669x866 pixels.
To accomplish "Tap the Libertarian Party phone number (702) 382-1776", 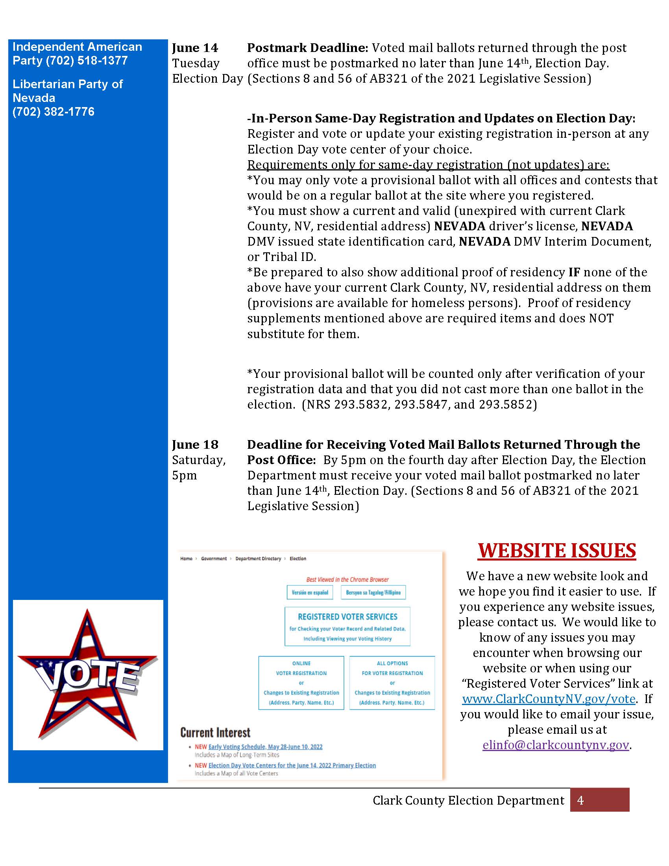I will tap(54, 112).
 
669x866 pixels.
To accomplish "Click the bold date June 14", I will tap(195, 48).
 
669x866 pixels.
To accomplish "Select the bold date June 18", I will tap(195, 444).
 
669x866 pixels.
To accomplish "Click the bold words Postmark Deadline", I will tap(308, 48).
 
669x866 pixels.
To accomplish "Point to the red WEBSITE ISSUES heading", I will tap(557, 550).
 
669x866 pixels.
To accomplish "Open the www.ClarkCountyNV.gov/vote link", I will tap(549, 699).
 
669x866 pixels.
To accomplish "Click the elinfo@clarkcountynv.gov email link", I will tap(556, 745).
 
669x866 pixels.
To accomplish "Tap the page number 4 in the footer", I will tap(580, 801).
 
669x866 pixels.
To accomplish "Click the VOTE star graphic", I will tap(88, 675).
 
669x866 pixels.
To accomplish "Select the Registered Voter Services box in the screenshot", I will tap(347, 627).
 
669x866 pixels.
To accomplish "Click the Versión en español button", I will tap(310, 592).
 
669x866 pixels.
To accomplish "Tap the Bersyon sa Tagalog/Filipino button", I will tap(373, 592).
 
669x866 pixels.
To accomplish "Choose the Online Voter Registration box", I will tap(301, 683).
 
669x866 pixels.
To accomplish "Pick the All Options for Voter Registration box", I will tap(392, 683).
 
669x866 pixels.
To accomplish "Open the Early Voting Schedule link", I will tap(265, 747).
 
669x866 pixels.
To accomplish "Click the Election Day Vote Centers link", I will tap(292, 765).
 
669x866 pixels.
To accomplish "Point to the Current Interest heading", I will tap(215, 733).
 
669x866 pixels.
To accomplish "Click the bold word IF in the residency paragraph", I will tap(574, 272).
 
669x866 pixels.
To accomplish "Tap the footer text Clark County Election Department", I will tap(468, 801).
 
